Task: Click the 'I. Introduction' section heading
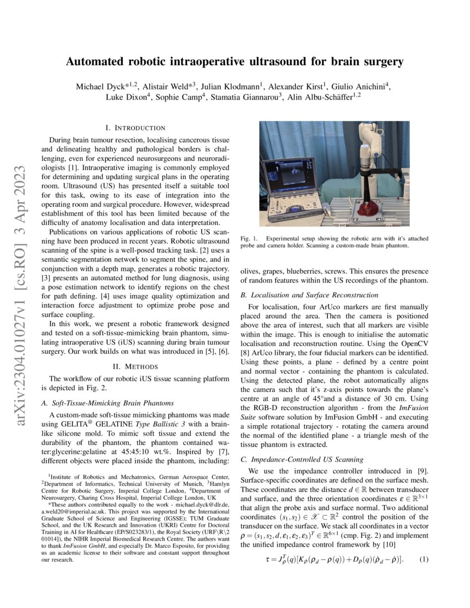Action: [138, 128]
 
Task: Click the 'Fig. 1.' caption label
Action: [249, 238]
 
